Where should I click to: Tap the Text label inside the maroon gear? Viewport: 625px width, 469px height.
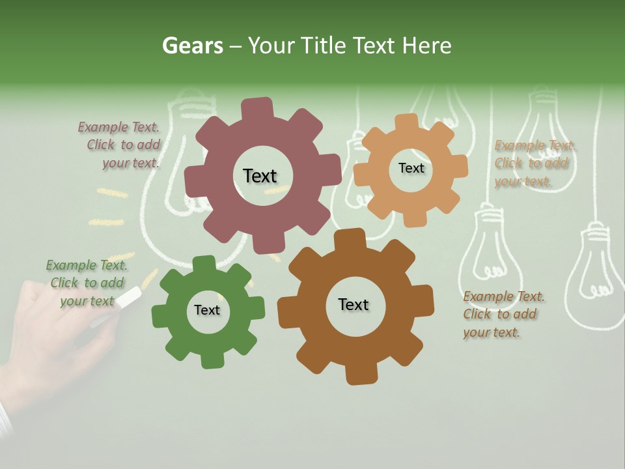[260, 176]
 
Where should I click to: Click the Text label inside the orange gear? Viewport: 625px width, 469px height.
[411, 168]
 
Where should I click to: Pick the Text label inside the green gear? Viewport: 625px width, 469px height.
[207, 310]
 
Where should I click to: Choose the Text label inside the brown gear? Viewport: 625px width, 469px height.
[354, 304]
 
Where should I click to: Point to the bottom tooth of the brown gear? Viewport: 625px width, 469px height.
[360, 375]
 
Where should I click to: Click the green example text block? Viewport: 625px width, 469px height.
[87, 283]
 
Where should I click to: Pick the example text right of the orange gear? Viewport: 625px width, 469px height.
[534, 163]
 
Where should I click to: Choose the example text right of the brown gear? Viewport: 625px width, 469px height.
[503, 314]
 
